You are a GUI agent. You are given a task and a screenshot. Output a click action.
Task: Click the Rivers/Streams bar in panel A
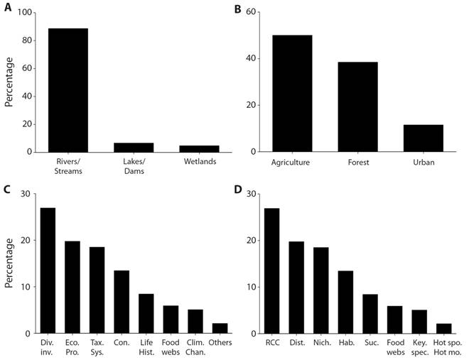[68, 90]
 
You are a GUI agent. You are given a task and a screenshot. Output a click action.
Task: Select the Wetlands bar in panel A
[199, 148]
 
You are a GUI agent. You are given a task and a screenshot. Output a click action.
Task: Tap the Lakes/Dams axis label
[133, 168]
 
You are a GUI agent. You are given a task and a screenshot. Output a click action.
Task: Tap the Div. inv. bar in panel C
[48, 271]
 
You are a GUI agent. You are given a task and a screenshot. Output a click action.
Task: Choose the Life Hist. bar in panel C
[146, 313]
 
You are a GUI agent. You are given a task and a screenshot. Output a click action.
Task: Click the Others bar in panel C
[220, 328]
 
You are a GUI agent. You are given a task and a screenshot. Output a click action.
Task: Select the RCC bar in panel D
[272, 271]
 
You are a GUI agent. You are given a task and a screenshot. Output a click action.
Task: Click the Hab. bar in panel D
[346, 302]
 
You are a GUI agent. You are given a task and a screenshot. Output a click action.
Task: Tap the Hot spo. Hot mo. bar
[444, 328]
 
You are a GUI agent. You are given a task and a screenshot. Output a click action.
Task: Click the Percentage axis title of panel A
[9, 82]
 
